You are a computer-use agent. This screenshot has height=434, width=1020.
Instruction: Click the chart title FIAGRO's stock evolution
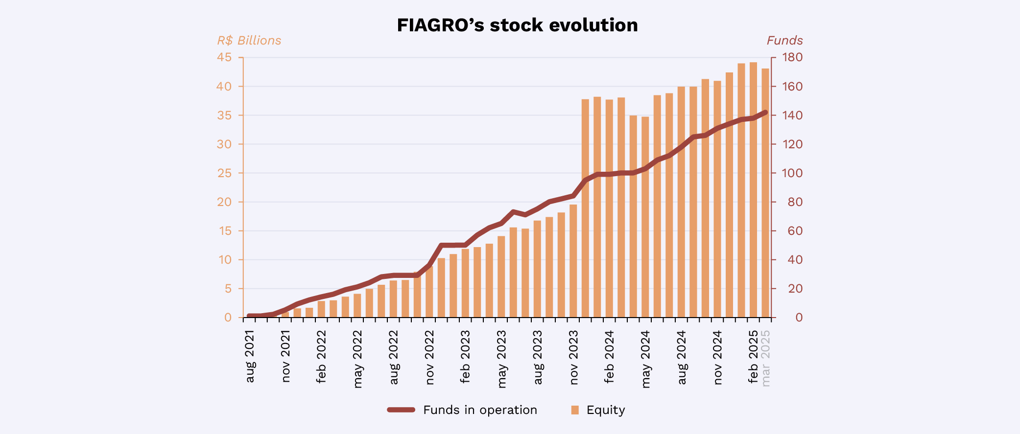517,25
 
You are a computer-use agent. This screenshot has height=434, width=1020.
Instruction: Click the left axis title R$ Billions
249,41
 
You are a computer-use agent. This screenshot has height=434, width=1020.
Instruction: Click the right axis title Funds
784,41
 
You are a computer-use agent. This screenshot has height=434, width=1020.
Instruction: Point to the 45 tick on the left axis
224,58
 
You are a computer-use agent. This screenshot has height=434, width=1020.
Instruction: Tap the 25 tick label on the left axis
224,173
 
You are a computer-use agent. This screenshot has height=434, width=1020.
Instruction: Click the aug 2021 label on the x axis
250,356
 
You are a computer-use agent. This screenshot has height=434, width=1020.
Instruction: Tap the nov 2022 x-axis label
429,357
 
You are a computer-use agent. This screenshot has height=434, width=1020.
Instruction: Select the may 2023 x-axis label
501,359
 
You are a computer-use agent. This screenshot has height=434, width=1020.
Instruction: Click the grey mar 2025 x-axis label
766,358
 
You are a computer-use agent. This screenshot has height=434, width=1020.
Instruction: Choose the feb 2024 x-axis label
609,357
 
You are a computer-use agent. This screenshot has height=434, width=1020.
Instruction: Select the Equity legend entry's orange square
575,410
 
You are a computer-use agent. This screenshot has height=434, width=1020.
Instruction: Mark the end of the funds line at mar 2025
765,112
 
